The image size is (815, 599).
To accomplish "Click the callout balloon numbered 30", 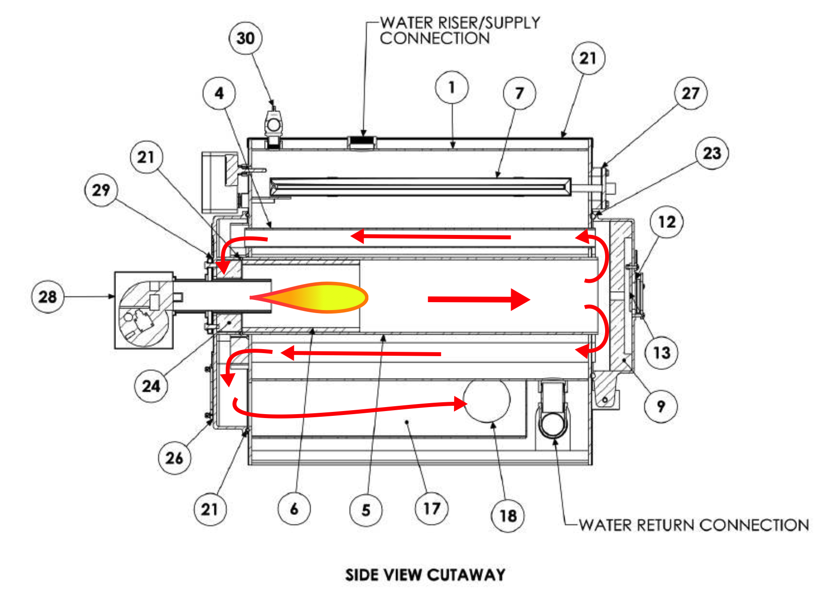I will (x=245, y=38).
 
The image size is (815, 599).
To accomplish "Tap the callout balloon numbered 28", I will (x=48, y=297).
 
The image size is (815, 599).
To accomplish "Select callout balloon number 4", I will (x=219, y=94).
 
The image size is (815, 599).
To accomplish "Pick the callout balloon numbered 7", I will (x=519, y=93).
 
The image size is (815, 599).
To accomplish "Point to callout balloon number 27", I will (x=691, y=93).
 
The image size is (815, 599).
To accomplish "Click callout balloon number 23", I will (x=712, y=153).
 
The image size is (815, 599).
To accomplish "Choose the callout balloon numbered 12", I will (x=667, y=222).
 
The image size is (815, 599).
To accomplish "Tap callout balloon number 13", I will (x=661, y=352).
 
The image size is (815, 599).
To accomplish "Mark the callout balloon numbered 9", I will (x=660, y=406).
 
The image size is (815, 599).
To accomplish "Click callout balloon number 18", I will (x=508, y=516).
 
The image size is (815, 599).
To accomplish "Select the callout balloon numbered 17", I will (x=432, y=509).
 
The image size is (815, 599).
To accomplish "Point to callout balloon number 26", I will (x=174, y=458).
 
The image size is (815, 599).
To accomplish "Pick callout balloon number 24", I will (x=151, y=386).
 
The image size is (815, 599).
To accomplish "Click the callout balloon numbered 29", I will (x=101, y=190).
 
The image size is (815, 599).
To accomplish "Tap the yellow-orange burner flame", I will (x=316, y=298).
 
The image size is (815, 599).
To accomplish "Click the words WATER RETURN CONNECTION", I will (x=693, y=525).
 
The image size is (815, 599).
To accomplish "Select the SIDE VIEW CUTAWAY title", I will (x=425, y=575).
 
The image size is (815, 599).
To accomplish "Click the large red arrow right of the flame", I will (x=479, y=299).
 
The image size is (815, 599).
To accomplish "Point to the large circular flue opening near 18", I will (x=487, y=400).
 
